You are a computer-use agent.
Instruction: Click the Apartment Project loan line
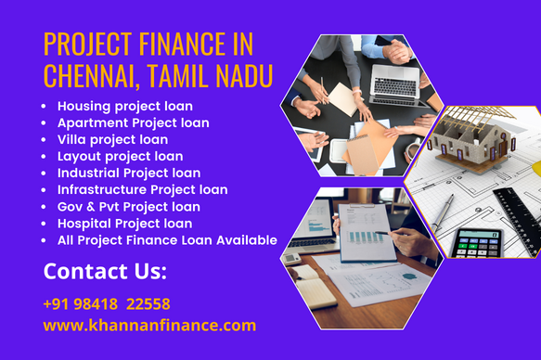[x=133, y=122]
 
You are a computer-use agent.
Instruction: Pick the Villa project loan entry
[x=112, y=139]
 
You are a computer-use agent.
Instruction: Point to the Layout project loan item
[x=120, y=156]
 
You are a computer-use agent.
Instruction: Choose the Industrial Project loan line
[x=129, y=173]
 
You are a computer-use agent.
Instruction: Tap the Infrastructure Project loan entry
[x=142, y=189]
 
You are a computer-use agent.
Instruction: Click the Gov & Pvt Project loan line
[x=128, y=206]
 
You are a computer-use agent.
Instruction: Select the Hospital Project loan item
[x=124, y=223]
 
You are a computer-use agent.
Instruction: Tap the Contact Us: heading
[x=105, y=272]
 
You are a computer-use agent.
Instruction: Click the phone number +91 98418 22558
[x=106, y=304]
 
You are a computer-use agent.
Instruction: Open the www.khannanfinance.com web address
[x=149, y=326]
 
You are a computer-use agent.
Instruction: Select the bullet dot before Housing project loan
[x=44, y=107]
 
